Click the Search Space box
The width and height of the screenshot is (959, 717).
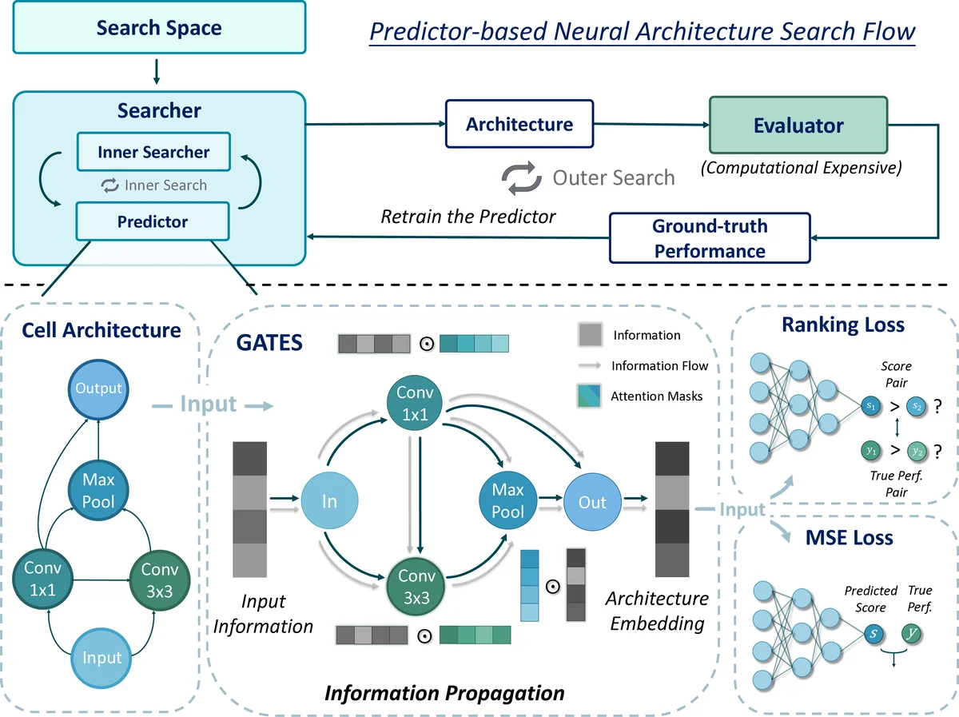[159, 29]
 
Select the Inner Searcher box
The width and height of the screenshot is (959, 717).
[153, 152]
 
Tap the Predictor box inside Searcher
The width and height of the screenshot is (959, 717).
[152, 221]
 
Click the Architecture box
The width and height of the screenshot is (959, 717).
[519, 124]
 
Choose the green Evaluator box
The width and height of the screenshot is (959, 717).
[798, 125]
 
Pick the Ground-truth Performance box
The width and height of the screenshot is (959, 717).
[710, 238]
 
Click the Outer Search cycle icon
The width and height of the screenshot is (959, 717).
[521, 177]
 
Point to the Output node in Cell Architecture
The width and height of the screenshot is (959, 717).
[98, 388]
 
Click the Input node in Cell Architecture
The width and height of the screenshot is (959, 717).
[102, 657]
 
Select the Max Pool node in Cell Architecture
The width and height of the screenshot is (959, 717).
[98, 491]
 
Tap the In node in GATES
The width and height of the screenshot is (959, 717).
[329, 502]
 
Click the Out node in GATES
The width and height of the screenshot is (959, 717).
[592, 502]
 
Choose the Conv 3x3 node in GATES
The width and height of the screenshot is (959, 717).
[416, 586]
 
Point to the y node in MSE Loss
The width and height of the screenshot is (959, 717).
[911, 634]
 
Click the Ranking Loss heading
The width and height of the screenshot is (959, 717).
[843, 325]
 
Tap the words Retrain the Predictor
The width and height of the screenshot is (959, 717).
[468, 216]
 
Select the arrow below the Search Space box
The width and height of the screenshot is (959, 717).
[157, 71]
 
